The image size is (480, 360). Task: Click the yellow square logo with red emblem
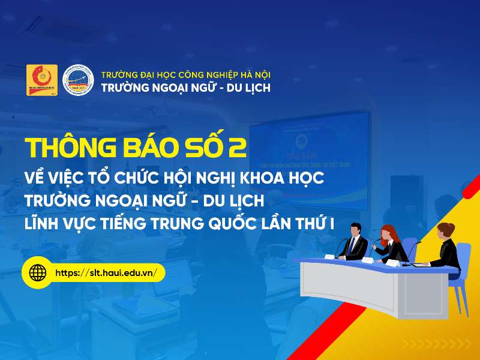tap(42, 80)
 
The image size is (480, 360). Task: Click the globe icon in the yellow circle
tap(38, 272)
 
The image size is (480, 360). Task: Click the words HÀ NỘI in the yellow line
tap(254, 74)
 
